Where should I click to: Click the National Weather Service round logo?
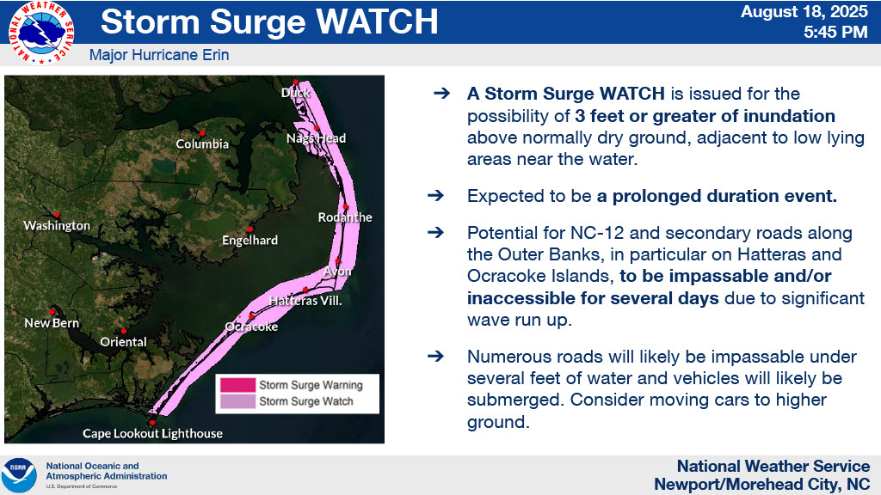click(40, 32)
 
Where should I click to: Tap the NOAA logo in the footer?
click(19, 475)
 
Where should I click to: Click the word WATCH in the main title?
click(377, 21)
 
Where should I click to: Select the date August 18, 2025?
click(804, 12)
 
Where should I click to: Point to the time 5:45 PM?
click(835, 32)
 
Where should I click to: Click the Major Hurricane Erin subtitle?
click(159, 55)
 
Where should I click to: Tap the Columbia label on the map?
click(202, 144)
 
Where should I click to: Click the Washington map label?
click(57, 226)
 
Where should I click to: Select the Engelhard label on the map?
click(250, 241)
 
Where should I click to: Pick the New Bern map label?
click(52, 323)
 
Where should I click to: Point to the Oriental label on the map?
click(123, 342)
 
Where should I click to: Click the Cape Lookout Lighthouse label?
click(152, 433)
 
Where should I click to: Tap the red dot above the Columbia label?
click(202, 133)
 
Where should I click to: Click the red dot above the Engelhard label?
click(250, 229)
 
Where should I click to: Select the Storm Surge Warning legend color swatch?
click(237, 385)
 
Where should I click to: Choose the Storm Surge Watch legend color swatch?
click(237, 401)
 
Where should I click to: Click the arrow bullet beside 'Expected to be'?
click(435, 196)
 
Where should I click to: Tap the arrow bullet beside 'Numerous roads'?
click(435, 357)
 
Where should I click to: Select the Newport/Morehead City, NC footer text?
click(762, 484)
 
